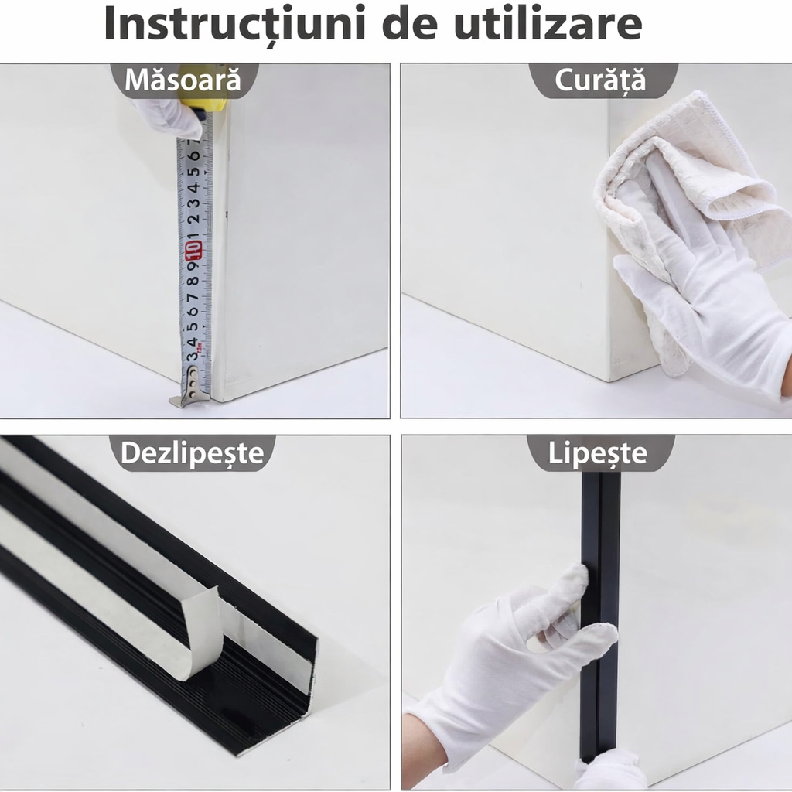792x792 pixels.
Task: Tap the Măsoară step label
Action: [x=183, y=80]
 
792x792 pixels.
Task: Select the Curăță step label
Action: [x=600, y=80]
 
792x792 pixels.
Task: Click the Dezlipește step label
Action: [x=193, y=453]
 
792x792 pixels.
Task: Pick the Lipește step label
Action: [x=598, y=453]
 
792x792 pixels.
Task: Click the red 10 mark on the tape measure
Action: [x=193, y=250]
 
